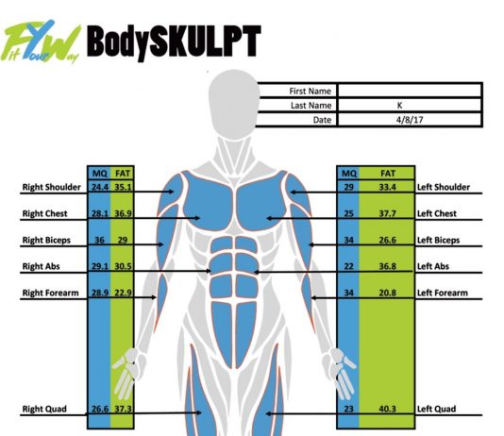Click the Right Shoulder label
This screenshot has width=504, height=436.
point(51,187)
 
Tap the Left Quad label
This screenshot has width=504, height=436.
point(436,409)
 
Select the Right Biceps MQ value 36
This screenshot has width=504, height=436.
point(99,240)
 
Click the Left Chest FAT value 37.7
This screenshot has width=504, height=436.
point(387,213)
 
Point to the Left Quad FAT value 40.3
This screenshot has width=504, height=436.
point(387,409)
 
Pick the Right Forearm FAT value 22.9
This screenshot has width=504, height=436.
point(123,293)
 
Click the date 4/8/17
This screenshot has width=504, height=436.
point(410,120)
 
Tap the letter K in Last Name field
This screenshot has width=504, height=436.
point(399,106)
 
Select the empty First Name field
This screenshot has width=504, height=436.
point(410,91)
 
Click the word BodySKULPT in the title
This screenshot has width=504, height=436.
point(174,42)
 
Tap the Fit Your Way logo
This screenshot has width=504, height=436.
point(42,42)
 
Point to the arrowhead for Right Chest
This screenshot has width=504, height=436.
point(197,218)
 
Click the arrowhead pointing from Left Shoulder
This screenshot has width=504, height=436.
point(294,193)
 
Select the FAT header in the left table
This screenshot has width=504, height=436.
point(123,174)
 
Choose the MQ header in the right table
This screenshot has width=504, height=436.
point(349,174)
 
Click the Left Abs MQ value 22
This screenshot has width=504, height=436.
point(349,266)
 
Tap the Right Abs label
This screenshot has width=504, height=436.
point(41,266)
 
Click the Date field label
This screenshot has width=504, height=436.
point(322,120)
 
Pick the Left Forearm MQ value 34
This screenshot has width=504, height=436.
point(349,293)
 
